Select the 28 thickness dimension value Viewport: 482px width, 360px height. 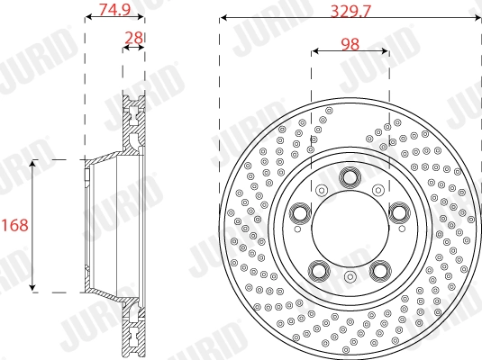133,37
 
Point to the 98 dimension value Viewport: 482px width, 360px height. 351,42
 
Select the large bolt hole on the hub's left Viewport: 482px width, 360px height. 300,212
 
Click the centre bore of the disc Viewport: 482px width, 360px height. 350,228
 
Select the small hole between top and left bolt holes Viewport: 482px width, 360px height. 321,188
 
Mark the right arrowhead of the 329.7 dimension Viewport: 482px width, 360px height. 477,18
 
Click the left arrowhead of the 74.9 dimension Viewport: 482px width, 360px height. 87,18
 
